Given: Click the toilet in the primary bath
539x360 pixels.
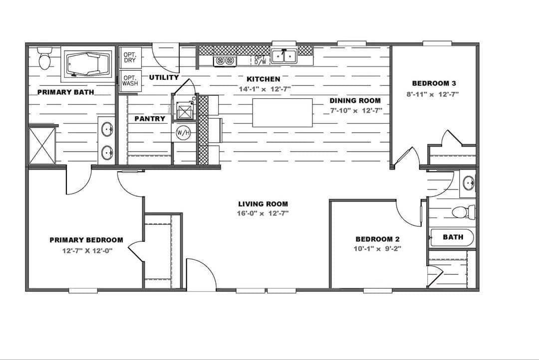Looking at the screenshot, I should click(x=45, y=58).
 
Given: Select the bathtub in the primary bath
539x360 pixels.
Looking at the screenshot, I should click(x=88, y=64).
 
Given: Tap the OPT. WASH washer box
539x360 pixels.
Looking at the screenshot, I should click(x=130, y=80).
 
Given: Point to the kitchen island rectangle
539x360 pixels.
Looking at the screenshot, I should click(x=282, y=113).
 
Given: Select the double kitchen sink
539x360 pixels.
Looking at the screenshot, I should click(x=284, y=56).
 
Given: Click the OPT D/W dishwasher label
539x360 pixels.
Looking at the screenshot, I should click(x=260, y=60).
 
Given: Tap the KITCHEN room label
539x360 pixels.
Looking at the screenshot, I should click(x=264, y=79).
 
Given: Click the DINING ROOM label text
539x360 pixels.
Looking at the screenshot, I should click(x=355, y=101).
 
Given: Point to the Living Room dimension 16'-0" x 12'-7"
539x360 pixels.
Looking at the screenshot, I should click(x=264, y=213).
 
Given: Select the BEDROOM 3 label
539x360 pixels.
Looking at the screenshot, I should click(x=434, y=83).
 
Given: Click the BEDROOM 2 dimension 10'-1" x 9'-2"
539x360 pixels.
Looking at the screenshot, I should click(x=377, y=248).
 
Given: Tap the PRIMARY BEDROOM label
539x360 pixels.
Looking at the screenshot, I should click(x=86, y=240).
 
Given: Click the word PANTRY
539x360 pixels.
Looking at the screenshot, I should click(x=150, y=119).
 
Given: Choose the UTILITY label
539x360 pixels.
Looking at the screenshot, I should click(x=164, y=77).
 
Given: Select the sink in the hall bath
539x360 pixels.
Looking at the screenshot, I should click(x=469, y=183).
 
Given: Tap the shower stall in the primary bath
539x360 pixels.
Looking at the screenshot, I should click(x=42, y=145).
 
